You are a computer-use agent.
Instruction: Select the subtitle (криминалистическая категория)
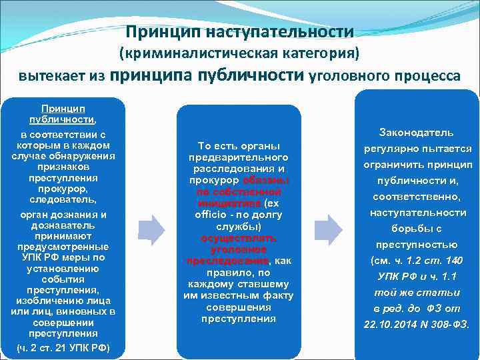click(x=239, y=53)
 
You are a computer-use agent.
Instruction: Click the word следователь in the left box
click(x=63, y=199)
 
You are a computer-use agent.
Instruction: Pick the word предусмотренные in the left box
click(x=63, y=246)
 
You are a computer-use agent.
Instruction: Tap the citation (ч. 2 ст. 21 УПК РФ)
click(x=63, y=347)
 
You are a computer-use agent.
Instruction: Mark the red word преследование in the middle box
click(x=227, y=261)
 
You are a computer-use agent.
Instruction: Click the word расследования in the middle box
click(x=238, y=169)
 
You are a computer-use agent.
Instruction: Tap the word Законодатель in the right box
click(x=416, y=133)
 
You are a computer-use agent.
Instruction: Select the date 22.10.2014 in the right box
click(x=387, y=325)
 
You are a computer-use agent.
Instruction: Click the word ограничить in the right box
click(x=396, y=165)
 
